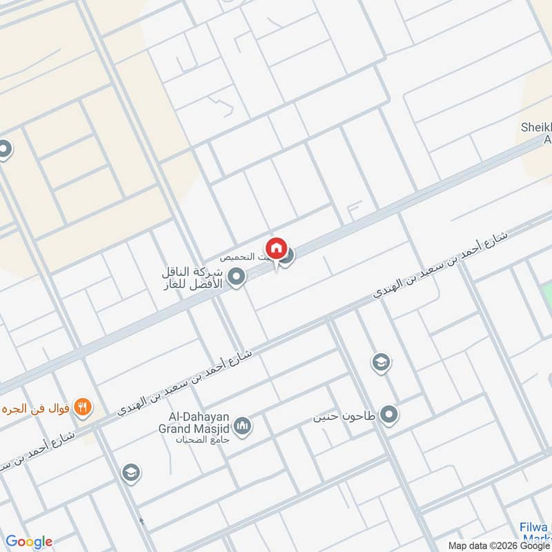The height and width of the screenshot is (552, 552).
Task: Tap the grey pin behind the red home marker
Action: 287,255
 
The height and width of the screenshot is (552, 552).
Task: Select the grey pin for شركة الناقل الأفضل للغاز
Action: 237,278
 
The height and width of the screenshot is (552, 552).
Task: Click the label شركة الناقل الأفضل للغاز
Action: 195,277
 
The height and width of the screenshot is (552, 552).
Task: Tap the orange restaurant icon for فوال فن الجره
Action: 83,407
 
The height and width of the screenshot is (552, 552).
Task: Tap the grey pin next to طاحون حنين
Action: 390,415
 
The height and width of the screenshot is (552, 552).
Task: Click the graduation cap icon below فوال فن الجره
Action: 129,473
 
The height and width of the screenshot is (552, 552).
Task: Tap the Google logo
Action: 29,541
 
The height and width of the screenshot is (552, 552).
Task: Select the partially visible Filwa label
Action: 535,532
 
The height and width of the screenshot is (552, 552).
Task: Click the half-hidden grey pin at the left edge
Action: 4,150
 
